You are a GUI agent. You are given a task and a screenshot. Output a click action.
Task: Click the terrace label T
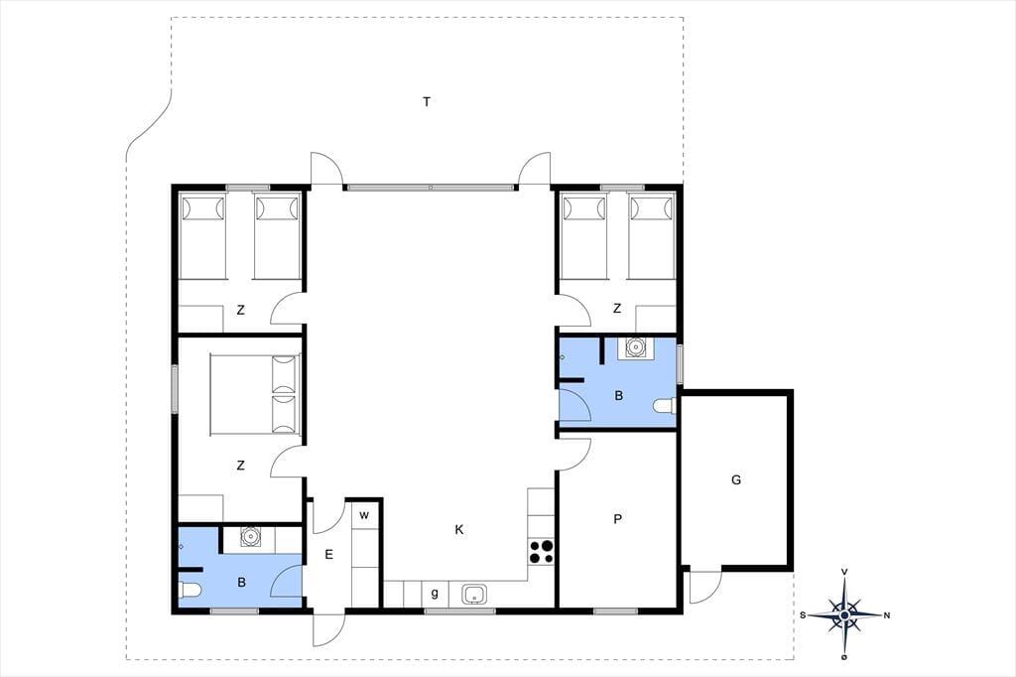pyautogui.click(x=427, y=102)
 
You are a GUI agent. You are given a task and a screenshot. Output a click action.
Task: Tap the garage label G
pyautogui.click(x=736, y=479)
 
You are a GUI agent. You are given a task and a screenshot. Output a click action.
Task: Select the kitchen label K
pyautogui.click(x=459, y=530)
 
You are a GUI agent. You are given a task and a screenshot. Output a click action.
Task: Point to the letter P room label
pyautogui.click(x=617, y=519)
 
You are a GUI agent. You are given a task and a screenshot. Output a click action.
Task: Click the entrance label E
pyautogui.click(x=329, y=555)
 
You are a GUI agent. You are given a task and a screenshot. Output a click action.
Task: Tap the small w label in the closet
pyautogui.click(x=364, y=515)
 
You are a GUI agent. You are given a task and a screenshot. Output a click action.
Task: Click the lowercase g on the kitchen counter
pyautogui.click(x=435, y=593)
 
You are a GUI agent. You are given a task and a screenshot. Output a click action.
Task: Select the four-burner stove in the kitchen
pyautogui.click(x=542, y=552)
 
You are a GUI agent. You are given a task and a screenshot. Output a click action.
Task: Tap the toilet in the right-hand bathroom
pyautogui.click(x=665, y=406)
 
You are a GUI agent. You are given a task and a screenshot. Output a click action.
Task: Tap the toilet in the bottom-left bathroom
pyautogui.click(x=190, y=591)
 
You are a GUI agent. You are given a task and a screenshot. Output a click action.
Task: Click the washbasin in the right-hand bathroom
pyautogui.click(x=636, y=347)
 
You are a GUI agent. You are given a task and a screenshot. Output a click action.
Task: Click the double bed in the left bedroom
pyautogui.click(x=255, y=394)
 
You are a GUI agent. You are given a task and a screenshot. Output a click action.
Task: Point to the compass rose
pyautogui.click(x=845, y=614)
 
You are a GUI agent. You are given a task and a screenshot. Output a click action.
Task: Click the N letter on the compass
pyautogui.click(x=887, y=615)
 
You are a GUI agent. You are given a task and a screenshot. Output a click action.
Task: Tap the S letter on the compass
pyautogui.click(x=803, y=615)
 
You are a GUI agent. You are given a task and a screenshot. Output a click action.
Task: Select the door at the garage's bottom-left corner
pyautogui.click(x=705, y=587)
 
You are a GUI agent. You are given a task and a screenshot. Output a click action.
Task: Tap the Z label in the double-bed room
pyautogui.click(x=241, y=465)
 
